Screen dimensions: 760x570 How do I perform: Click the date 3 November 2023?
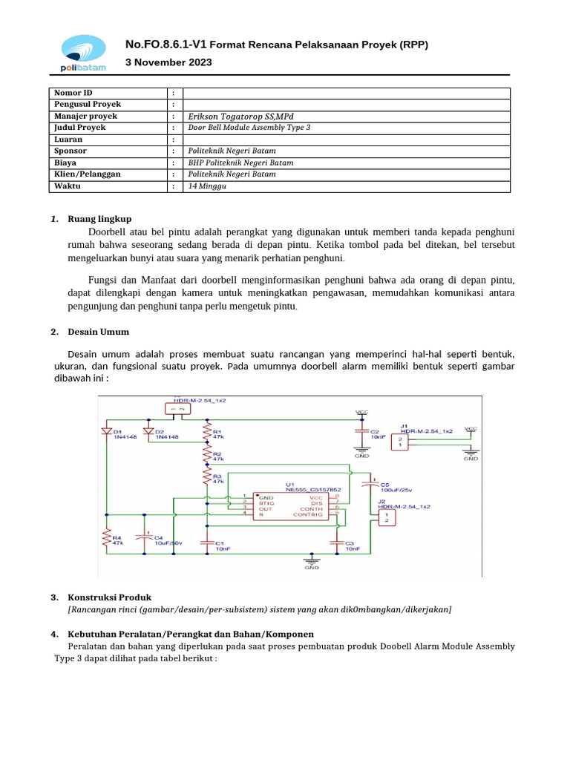coord(168,62)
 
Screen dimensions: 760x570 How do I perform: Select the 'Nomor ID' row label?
coord(73,93)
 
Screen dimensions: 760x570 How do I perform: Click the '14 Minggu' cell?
coord(208,186)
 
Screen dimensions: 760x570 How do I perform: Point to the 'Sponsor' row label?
coord(71,151)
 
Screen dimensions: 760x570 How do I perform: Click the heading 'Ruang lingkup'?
coord(99,219)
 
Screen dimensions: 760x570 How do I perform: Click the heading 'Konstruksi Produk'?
coord(110,597)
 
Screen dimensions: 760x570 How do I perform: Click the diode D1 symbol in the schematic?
coord(106,430)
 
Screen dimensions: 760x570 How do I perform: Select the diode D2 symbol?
coord(148,430)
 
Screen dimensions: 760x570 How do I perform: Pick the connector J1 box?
coord(399,442)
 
